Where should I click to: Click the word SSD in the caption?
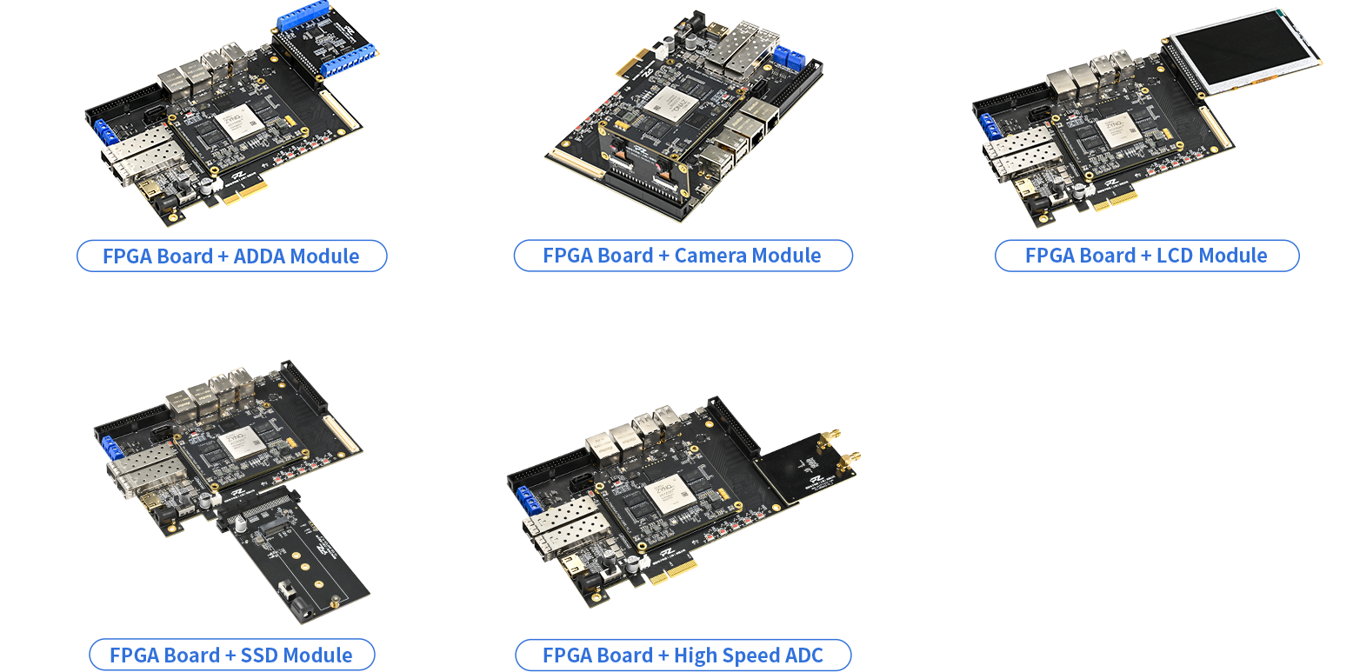tap(259, 655)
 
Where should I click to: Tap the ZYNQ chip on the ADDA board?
tap(239, 121)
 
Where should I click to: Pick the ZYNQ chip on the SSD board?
tap(241, 442)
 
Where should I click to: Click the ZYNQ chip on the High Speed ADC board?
tap(670, 493)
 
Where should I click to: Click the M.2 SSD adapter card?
tap(293, 552)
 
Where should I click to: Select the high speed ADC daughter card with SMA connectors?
tap(806, 468)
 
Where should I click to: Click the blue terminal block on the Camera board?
tap(790, 57)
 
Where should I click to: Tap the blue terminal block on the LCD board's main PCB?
tap(990, 127)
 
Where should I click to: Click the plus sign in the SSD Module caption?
tap(230, 655)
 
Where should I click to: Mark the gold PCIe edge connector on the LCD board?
tap(1115, 199)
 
